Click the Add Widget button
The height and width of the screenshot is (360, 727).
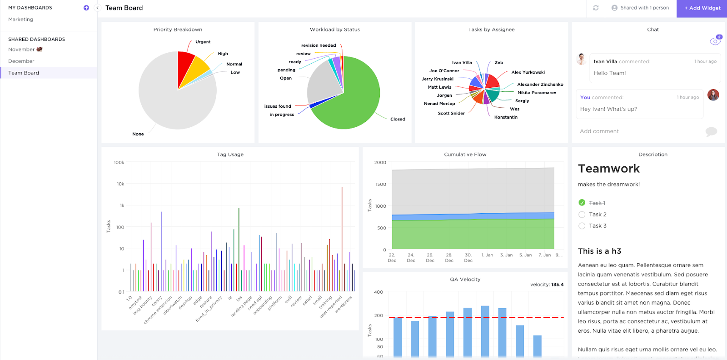click(702, 8)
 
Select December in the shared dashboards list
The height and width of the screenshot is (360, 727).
click(21, 61)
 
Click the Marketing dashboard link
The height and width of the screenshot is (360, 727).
click(21, 20)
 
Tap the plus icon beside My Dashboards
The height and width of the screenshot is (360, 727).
click(86, 8)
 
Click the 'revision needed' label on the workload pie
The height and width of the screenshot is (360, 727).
click(319, 45)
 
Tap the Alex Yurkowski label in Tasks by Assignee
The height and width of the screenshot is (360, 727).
click(528, 72)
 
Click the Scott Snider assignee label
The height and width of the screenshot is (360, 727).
click(451, 114)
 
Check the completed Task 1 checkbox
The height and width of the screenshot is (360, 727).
click(582, 203)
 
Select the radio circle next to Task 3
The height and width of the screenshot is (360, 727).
click(582, 226)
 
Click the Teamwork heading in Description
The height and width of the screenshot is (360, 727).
click(609, 169)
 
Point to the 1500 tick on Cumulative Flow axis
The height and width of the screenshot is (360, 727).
click(381, 185)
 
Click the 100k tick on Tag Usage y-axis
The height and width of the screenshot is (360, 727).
click(119, 163)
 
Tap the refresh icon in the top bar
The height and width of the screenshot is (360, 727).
click(596, 8)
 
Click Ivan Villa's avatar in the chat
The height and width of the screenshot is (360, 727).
click(582, 59)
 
